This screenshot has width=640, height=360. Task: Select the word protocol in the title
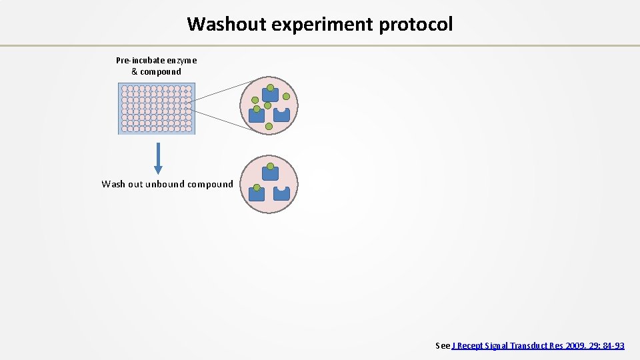pos(416,25)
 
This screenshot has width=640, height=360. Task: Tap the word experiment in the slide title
pos(319,25)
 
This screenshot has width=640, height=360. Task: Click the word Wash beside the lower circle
pos(113,184)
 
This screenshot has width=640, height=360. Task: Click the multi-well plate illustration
pos(157,109)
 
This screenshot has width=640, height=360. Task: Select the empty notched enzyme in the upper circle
pos(282,115)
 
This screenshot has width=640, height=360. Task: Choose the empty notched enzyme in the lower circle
pos(282,193)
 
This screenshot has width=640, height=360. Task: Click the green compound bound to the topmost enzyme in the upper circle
pos(270,88)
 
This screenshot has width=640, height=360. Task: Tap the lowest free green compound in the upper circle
pos(269,126)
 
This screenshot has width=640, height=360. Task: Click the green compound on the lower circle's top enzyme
pos(270,167)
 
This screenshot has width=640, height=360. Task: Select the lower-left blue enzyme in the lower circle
pos(257,193)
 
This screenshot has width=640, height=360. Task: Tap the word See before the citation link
pos(443,345)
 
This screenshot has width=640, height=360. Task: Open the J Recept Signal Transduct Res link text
pos(507,345)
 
